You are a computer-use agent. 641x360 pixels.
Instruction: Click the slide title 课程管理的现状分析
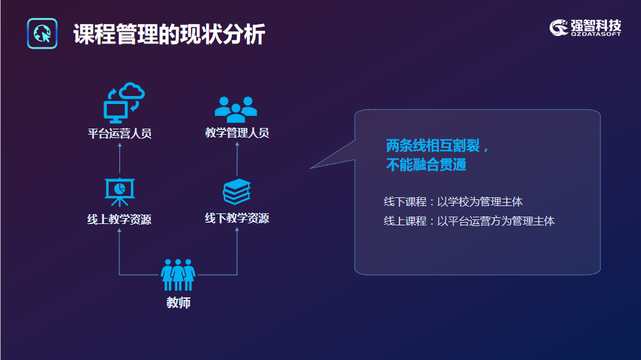[x=169, y=34]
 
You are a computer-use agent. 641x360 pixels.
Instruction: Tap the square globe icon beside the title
[x=42, y=33]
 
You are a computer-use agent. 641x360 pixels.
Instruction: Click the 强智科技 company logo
[x=586, y=28]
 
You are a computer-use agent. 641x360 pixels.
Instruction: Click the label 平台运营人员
[x=120, y=133]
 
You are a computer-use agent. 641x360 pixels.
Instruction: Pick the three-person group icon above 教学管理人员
[x=236, y=109]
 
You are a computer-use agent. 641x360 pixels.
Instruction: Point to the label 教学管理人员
[x=237, y=133]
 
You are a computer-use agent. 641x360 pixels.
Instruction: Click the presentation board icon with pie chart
[x=119, y=192]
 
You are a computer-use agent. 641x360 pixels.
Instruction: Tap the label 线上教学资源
[x=119, y=219]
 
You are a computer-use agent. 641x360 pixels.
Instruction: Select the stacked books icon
[x=237, y=191]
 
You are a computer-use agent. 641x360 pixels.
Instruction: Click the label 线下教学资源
[x=237, y=218]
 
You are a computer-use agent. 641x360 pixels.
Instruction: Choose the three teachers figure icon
[x=178, y=275]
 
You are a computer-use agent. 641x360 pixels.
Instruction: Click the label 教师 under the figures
[x=179, y=303]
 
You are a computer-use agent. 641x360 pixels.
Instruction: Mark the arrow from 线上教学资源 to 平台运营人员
[x=120, y=158]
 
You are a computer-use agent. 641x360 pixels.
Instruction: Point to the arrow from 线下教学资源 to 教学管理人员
[x=237, y=159]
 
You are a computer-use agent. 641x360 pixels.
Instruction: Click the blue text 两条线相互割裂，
[x=438, y=145]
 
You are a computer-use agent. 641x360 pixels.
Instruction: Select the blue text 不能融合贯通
[x=426, y=165]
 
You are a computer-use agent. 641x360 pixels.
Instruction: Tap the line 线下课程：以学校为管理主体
[x=453, y=202]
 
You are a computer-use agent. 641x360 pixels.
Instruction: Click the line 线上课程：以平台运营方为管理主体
[x=469, y=221]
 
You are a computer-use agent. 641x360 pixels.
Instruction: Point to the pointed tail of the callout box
[x=311, y=168]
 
